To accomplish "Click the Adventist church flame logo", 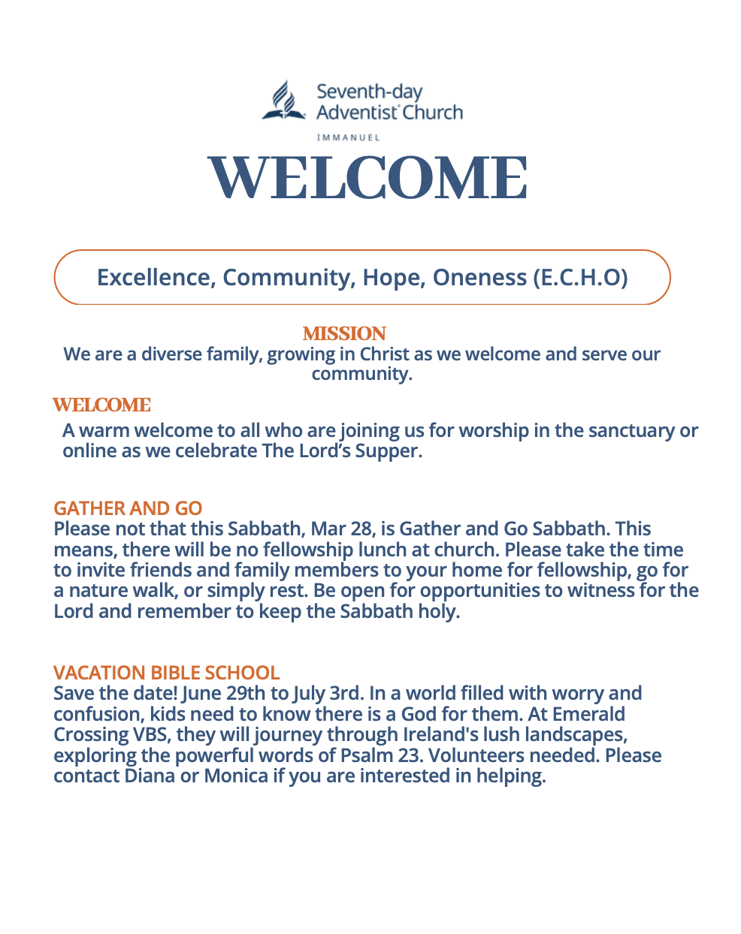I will [x=283, y=101].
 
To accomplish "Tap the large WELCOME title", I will [x=368, y=178].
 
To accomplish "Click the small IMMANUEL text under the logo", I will [x=348, y=137].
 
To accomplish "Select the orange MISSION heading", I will [x=344, y=333].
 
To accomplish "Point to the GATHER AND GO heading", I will [x=128, y=508].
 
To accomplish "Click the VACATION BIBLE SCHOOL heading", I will [x=166, y=673].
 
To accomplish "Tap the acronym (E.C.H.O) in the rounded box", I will [x=580, y=278].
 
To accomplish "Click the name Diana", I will [x=149, y=776].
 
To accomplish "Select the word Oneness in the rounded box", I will [x=479, y=278].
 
